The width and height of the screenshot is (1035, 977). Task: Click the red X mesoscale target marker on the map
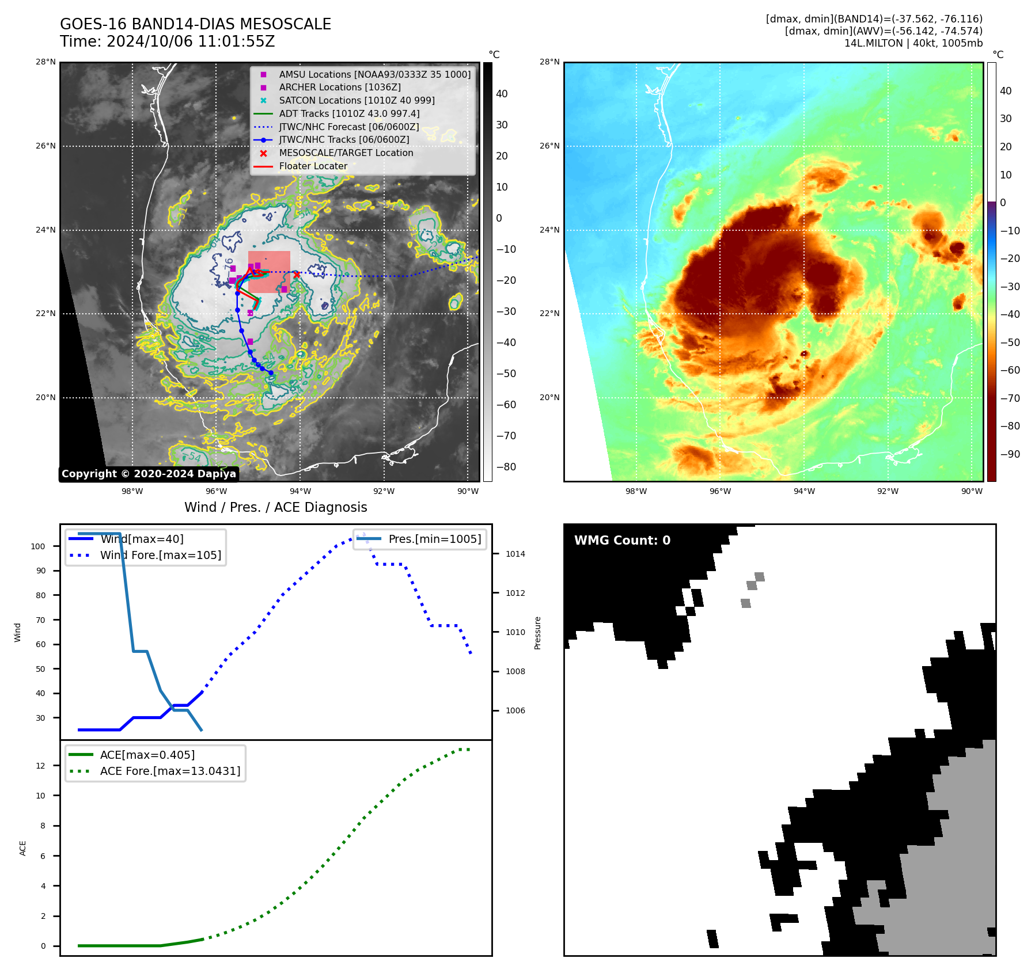(296, 275)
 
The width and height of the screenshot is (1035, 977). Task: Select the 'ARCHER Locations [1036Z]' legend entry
(339, 88)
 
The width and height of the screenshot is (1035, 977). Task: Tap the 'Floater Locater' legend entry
(313, 166)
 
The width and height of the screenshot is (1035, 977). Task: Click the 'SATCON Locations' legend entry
(357, 101)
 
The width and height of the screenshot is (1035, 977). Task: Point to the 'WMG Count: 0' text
(622, 541)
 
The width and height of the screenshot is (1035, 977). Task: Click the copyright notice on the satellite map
(149, 474)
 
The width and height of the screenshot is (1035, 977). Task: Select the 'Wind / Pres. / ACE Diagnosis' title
(275, 507)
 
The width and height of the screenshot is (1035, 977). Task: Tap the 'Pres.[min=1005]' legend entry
(434, 539)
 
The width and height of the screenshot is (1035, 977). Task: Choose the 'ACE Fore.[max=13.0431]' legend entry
(170, 771)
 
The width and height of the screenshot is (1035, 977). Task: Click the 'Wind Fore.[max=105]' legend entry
(160, 556)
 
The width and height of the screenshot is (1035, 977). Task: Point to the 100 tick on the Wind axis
(38, 546)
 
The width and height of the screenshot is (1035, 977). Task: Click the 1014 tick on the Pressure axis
(515, 554)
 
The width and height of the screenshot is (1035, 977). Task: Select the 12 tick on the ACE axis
(41, 766)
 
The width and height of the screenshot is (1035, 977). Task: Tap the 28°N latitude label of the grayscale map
(46, 62)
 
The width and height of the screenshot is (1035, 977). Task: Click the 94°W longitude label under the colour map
(804, 491)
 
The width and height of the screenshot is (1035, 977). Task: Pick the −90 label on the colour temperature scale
(1010, 454)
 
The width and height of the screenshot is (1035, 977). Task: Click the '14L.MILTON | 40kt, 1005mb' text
(913, 43)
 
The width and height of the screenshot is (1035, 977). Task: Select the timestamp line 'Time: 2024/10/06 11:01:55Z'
(167, 42)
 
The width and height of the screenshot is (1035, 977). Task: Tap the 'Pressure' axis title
(538, 633)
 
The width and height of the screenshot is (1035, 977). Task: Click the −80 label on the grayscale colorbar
(506, 467)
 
